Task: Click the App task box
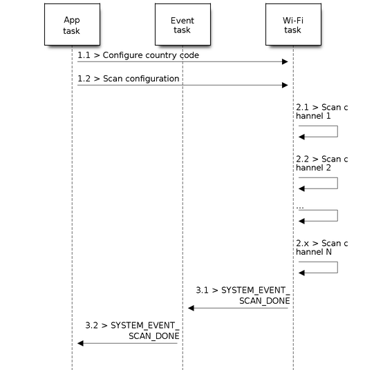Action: (72, 24)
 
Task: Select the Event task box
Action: (182, 24)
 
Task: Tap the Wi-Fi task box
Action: (293, 24)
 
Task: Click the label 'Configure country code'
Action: (151, 55)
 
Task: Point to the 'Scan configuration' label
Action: (141, 79)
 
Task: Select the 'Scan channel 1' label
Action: (321, 112)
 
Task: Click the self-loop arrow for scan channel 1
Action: (337, 131)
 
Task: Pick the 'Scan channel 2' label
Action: (321, 164)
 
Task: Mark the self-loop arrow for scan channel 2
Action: (337, 183)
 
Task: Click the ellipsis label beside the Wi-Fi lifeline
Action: (300, 207)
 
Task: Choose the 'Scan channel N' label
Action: (321, 248)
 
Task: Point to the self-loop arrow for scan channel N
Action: (337, 267)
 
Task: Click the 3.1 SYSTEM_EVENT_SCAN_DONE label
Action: (243, 295)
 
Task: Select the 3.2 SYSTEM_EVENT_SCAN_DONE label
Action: (132, 331)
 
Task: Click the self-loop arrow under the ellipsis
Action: (337, 215)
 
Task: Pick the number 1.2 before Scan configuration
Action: (84, 79)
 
